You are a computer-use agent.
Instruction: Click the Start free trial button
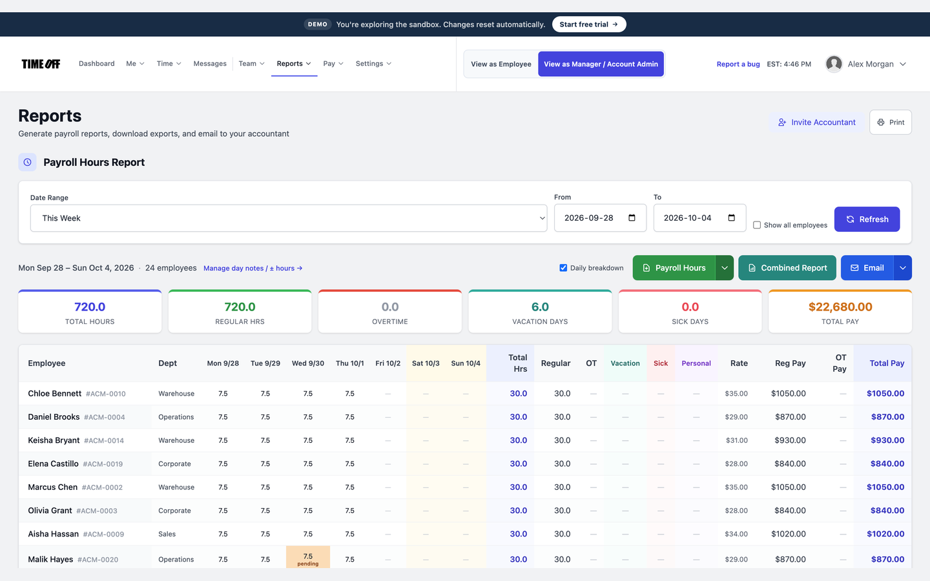coord(589,24)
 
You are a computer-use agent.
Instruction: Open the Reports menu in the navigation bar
coord(294,63)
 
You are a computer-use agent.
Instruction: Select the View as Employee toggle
coord(501,64)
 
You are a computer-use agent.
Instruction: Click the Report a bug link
coord(738,64)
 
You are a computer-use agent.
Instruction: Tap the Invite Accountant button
coord(816,122)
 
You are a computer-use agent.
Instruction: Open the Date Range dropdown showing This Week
coord(289,218)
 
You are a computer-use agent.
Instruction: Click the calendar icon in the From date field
coord(632,218)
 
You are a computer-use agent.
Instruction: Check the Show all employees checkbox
coord(757,225)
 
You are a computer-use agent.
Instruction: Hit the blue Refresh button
coord(867,219)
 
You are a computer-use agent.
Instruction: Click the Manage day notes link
coord(253,268)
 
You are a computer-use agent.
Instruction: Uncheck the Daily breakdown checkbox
coord(563,268)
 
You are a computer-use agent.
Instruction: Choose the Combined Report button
coord(787,268)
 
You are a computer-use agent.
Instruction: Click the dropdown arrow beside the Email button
coord(903,268)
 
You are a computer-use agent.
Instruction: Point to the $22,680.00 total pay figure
coord(840,307)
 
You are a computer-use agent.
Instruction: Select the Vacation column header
coord(625,363)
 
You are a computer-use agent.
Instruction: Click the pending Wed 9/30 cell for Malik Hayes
coord(307,558)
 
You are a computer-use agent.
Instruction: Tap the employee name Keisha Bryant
coord(54,440)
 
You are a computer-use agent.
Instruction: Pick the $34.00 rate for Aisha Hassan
coord(736,534)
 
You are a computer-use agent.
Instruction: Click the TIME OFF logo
coord(41,64)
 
